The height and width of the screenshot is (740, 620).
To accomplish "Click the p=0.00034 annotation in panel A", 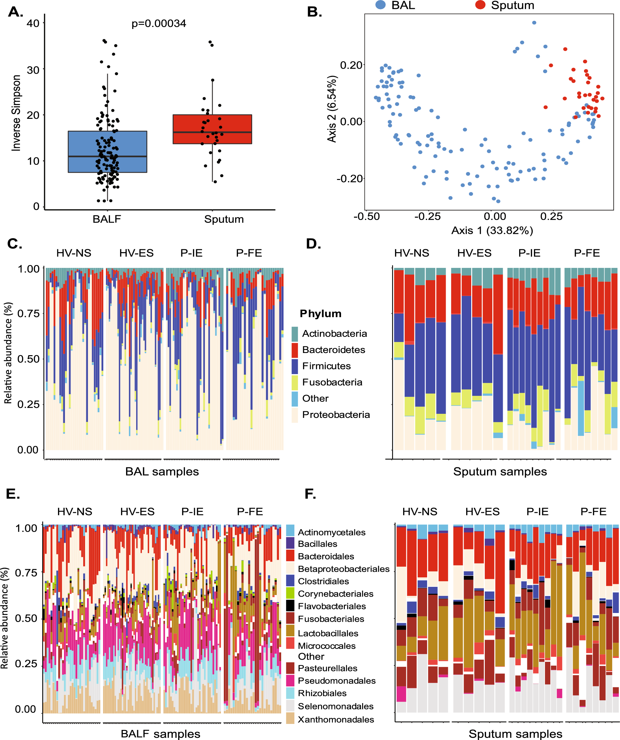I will pos(159,24).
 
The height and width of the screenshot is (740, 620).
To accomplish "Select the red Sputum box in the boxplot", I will pos(212,129).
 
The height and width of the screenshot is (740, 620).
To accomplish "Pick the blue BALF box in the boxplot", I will pos(107,152).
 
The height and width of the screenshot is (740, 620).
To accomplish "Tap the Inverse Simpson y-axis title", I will pos(16,113).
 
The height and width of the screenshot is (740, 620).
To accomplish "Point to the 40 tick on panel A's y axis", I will pos(33,23).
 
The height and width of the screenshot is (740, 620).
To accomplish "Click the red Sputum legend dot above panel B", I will pos(480,5).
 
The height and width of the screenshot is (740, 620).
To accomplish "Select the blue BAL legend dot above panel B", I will pos(381,5).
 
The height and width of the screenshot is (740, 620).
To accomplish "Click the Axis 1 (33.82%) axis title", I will pos(492,230).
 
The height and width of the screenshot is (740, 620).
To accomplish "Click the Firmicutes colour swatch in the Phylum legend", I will pos(295,366).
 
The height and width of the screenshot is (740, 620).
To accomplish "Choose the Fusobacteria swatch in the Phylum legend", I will pos(295,382).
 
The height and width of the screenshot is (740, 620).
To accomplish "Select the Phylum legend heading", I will pos(320,314).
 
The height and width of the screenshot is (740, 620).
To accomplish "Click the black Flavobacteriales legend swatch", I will pos(290,606).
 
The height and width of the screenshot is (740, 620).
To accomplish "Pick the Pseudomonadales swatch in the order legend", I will pos(290,680).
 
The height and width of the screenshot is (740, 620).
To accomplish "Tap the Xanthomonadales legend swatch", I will pos(290,719).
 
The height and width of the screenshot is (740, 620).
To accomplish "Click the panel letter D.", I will pos(313,244).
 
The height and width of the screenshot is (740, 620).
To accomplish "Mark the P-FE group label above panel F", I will pos(594,511).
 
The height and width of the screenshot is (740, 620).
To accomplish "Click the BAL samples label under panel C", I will pos(162,471).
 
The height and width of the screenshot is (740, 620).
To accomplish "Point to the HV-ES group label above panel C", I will pos(136,253).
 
